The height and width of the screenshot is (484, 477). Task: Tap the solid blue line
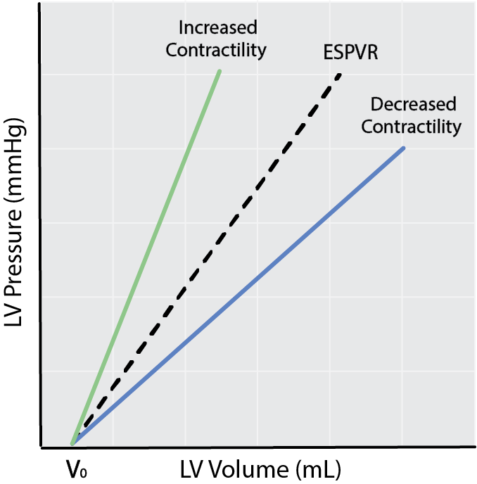point(239,295)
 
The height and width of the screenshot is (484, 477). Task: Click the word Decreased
point(413,105)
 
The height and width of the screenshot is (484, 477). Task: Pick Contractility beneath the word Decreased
point(416,127)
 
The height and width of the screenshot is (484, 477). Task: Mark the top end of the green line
point(220,71)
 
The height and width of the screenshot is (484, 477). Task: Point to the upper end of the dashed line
point(340,74)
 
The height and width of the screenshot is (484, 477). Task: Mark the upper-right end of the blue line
point(403,148)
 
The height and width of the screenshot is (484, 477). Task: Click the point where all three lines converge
point(73,443)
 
